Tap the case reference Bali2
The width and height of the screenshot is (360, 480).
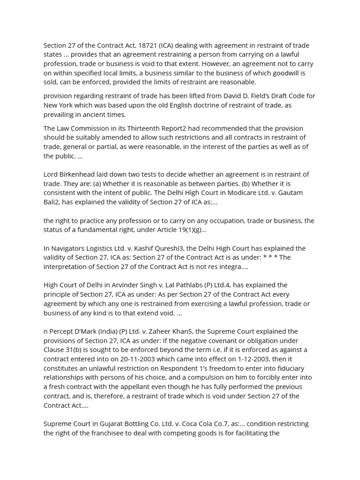pos(52,202)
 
